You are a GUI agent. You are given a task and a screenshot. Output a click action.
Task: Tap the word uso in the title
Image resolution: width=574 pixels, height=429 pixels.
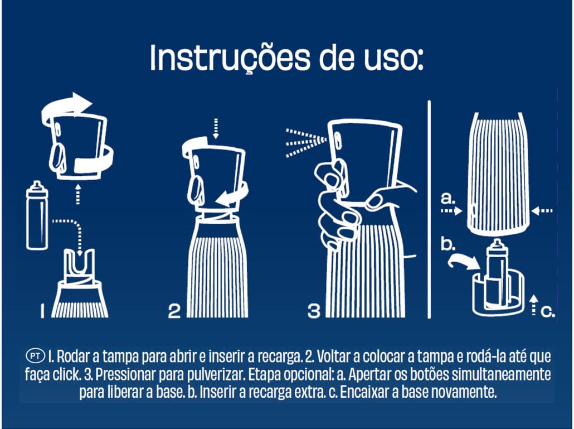(393, 59)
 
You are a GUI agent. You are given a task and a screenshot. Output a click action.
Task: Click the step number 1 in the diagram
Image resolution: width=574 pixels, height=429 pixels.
(42, 311)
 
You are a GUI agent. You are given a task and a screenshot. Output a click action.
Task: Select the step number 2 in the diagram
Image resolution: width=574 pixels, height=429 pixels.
(174, 311)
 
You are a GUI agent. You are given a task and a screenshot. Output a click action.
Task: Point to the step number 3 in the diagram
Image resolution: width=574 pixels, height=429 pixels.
(314, 311)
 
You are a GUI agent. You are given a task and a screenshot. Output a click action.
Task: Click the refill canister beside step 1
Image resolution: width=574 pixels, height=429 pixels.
(37, 215)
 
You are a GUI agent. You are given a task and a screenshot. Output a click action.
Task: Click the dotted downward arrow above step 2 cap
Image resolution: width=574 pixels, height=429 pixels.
(216, 129)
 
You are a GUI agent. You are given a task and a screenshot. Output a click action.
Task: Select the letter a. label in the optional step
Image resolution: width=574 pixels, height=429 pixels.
(448, 198)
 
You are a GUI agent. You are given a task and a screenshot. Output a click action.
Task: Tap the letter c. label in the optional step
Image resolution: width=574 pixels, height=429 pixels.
(548, 311)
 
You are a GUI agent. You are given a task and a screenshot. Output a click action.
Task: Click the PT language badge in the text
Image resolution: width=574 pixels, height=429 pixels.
(36, 356)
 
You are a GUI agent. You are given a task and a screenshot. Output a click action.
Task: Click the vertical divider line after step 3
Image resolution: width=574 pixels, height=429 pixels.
(429, 209)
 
